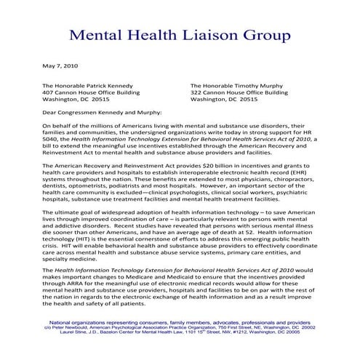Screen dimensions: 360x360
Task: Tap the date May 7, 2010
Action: click(60, 66)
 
